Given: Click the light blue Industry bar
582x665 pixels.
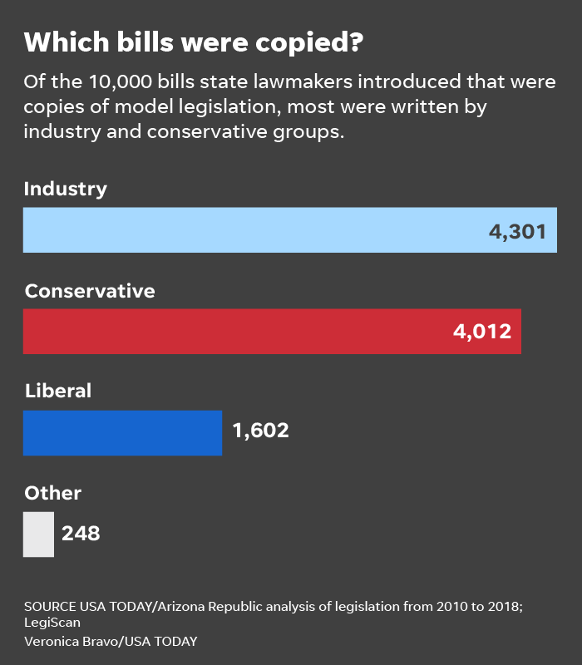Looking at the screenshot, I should tap(249, 230).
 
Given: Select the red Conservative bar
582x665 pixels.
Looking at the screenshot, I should tap(233, 332).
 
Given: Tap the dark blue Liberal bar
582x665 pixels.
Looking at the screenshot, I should tap(122, 433).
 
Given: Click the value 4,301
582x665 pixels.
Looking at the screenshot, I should tap(517, 231).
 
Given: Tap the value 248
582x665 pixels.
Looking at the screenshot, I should tap(81, 533).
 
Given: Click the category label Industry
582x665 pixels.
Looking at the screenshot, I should tap(66, 190).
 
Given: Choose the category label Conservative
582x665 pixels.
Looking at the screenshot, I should tap(90, 291).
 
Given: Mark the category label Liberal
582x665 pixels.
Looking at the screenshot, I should tap(58, 391).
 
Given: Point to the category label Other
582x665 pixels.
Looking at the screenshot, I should tap(53, 493).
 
